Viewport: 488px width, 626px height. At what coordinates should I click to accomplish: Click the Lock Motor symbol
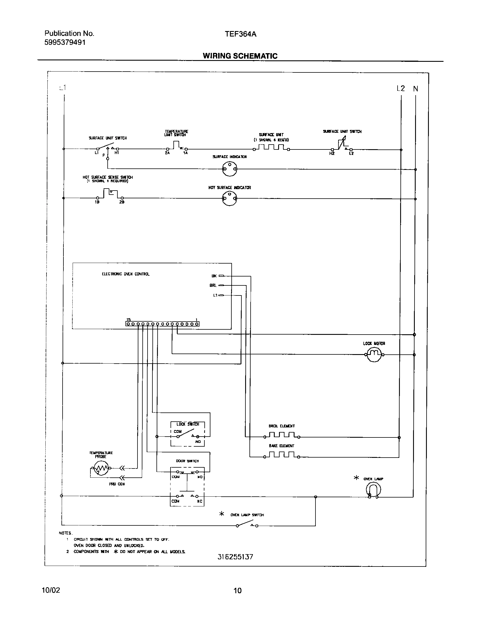point(374,354)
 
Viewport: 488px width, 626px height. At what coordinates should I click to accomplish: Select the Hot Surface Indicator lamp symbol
point(230,199)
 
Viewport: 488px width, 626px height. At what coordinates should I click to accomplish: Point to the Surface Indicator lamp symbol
point(230,169)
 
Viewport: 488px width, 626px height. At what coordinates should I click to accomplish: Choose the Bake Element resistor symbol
point(282,455)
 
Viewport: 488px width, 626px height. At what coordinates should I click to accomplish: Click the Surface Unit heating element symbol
point(271,148)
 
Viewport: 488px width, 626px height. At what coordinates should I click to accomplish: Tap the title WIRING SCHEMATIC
point(240,56)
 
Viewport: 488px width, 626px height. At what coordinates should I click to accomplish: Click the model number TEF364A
point(241,34)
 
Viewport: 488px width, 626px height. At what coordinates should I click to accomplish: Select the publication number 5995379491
point(65,43)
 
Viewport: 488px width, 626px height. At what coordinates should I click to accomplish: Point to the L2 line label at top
point(400,89)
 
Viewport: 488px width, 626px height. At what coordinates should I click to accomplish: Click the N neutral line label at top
point(415,89)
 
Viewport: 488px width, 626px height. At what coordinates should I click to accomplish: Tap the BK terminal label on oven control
point(214,276)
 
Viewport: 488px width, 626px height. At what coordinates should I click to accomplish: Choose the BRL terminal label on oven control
point(213,285)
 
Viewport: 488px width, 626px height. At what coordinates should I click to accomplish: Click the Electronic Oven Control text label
point(126,274)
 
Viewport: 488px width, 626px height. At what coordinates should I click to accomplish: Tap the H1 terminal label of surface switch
point(117,153)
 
